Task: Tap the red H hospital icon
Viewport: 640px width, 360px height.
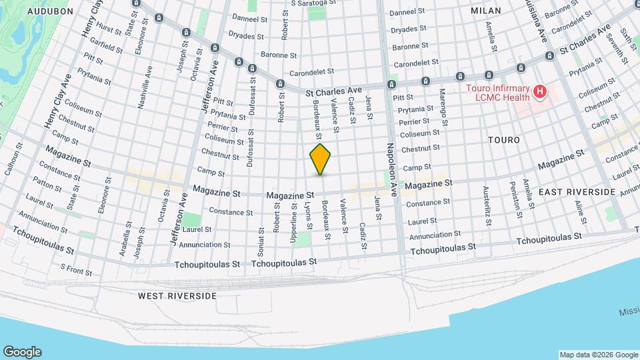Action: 540,92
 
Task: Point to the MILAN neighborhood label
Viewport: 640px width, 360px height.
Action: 485,11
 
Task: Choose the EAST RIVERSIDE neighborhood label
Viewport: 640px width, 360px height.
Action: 577,192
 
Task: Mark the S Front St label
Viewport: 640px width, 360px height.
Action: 76,270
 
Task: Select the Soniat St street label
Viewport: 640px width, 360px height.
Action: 260,227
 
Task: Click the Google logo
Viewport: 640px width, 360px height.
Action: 22,352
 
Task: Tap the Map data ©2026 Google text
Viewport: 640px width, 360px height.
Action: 598,355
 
